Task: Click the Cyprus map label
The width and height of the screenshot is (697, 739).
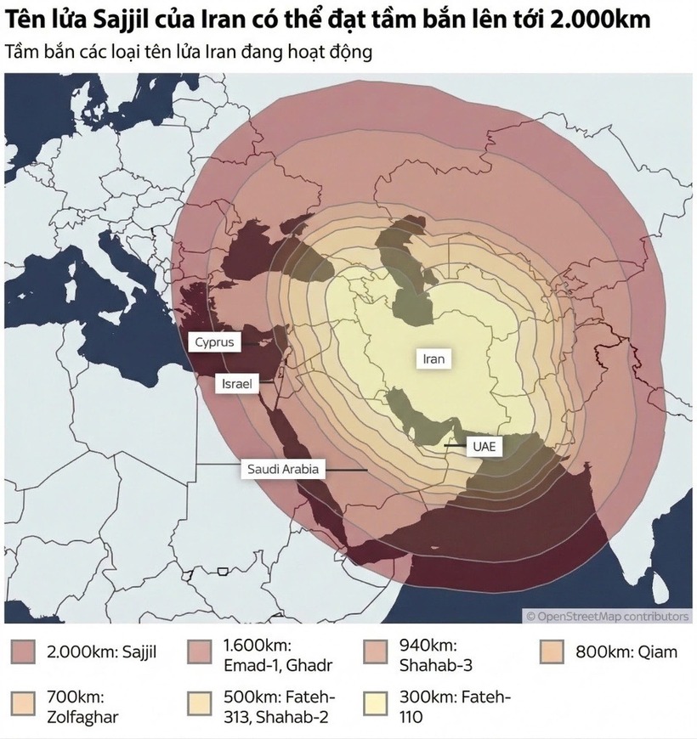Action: (214, 342)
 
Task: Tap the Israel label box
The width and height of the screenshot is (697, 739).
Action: (237, 384)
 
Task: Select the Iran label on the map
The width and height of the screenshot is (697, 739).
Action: (433, 358)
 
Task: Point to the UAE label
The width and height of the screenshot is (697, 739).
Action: (482, 444)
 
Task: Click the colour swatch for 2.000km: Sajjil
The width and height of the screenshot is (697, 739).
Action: (25, 652)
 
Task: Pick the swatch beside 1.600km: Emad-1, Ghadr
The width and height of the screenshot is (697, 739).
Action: (201, 652)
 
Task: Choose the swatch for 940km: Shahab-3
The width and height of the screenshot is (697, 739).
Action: (377, 652)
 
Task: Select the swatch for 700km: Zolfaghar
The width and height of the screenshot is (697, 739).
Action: (25, 705)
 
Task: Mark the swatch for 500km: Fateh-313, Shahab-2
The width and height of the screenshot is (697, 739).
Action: (201, 705)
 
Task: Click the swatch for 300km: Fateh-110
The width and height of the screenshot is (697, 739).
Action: (377, 705)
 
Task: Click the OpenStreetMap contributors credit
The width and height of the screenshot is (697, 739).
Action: (607, 616)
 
